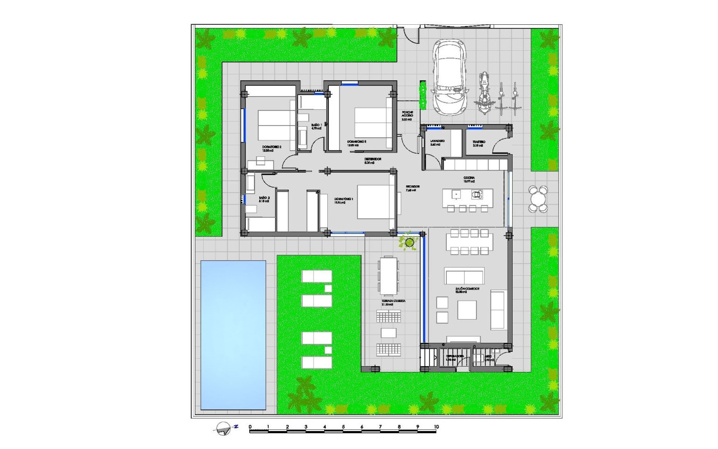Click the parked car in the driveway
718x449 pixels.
click(449, 78)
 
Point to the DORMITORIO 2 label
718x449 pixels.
click(272, 148)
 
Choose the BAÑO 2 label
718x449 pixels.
click(264, 199)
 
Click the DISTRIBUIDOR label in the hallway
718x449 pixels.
click(373, 160)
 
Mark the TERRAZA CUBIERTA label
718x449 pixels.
click(394, 302)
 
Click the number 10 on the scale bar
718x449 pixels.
click(436, 426)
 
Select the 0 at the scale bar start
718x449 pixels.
click(250, 426)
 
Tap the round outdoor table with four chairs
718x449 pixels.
click(537, 199)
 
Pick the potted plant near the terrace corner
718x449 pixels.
click(409, 242)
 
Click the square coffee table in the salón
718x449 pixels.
click(467, 310)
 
